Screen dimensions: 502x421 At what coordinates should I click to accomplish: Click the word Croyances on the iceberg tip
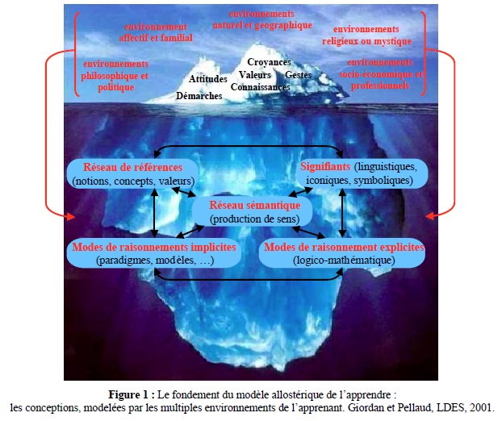click(269, 62)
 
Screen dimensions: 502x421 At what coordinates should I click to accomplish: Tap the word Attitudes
click(208, 79)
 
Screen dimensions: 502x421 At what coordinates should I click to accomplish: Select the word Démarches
click(199, 96)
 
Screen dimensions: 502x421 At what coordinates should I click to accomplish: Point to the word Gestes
click(298, 75)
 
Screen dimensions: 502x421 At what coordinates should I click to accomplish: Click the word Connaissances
click(261, 87)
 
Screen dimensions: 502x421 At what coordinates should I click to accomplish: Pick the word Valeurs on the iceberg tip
click(255, 75)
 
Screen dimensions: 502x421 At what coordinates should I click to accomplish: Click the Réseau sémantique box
click(253, 211)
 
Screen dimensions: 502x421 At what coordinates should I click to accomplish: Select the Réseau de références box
click(132, 173)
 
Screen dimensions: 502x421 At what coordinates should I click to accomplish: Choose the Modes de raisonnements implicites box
click(154, 253)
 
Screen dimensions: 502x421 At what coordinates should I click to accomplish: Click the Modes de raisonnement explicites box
click(342, 253)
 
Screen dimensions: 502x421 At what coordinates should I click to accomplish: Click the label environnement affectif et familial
click(156, 32)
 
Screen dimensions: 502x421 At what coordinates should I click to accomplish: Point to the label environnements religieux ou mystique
click(366, 35)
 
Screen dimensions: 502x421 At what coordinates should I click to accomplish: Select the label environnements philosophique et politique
click(115, 76)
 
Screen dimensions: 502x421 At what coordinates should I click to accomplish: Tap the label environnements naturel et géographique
click(262, 19)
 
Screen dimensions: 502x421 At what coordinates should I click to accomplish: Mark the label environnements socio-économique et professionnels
click(381, 74)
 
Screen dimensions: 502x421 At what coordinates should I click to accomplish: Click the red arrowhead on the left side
click(71, 217)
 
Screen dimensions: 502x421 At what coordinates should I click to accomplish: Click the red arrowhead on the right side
click(430, 216)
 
